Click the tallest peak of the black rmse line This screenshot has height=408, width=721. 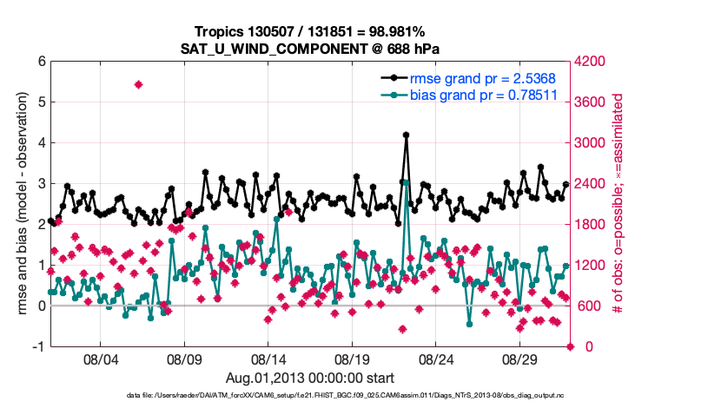coord(406,135)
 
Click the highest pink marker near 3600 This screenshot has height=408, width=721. coord(138,84)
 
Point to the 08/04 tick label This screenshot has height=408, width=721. coord(100,359)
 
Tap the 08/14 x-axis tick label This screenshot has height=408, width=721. coord(268,359)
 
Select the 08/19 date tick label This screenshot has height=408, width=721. coord(353,359)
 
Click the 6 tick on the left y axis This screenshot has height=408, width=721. coord(41,62)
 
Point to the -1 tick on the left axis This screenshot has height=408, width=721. coord(38,346)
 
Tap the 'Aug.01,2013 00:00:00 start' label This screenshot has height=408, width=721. coord(310,378)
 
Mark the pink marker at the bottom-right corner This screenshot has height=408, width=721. coord(571,346)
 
